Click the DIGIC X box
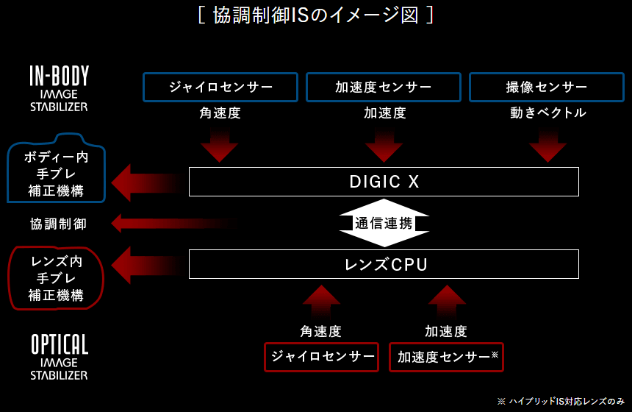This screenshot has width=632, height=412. [384, 182]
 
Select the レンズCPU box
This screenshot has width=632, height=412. [384, 264]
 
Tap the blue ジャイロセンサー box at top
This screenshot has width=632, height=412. [220, 87]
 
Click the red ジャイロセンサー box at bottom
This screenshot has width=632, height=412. [322, 357]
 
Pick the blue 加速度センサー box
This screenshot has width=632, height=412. [384, 87]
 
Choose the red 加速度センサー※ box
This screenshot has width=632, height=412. [446, 357]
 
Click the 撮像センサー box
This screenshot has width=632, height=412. [547, 87]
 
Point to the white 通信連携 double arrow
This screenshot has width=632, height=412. [384, 223]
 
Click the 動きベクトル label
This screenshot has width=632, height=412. [547, 113]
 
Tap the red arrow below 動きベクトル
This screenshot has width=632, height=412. [547, 145]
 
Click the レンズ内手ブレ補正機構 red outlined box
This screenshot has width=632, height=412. [56, 278]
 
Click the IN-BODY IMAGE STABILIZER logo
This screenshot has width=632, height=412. [59, 88]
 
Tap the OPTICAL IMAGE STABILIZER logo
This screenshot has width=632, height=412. [59, 358]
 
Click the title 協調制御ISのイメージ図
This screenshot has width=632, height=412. [315, 15]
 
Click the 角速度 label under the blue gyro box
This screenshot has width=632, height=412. [220, 113]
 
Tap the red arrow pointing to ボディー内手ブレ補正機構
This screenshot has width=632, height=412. [147, 182]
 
